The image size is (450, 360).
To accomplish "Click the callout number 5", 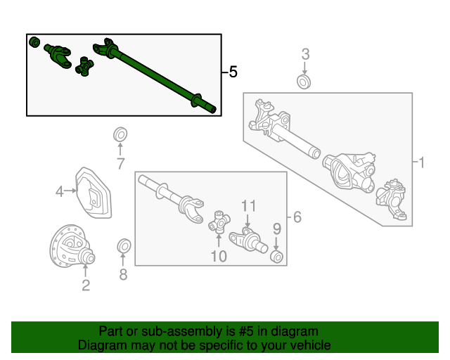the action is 233,72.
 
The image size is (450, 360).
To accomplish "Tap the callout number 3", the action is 306,54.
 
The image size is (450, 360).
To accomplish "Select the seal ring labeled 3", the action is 304,82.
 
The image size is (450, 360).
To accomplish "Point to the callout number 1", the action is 421,162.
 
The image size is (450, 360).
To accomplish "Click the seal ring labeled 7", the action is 120,134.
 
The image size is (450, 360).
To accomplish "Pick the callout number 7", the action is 120,164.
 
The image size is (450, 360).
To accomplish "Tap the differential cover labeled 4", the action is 94,193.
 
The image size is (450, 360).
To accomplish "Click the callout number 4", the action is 59,191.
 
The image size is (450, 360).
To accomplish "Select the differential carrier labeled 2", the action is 72,246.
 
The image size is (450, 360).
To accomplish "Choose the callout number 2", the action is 86,285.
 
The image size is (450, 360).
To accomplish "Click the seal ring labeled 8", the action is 124,246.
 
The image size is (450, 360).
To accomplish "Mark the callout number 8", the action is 124,274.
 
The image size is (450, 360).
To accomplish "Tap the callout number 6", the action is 297,217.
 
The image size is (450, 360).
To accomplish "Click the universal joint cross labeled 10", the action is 219,221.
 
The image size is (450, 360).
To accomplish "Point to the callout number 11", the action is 248,206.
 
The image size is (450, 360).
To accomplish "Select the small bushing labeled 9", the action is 277,257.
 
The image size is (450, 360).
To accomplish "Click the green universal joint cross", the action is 84,66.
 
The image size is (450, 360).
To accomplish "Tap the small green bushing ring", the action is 34,42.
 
